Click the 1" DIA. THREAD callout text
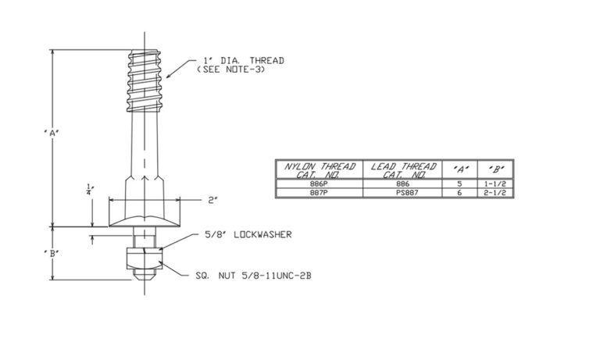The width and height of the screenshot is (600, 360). pyautogui.click(x=243, y=61)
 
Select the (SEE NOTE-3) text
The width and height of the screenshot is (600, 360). pyautogui.click(x=234, y=70)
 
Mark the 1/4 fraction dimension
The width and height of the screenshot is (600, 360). pyautogui.click(x=91, y=188)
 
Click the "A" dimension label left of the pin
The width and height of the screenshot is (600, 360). pyautogui.click(x=52, y=133)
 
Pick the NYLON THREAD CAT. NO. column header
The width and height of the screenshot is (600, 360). pyautogui.click(x=319, y=169)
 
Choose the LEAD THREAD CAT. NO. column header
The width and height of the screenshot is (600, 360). pyautogui.click(x=402, y=169)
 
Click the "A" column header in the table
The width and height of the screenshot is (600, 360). pyautogui.click(x=459, y=169)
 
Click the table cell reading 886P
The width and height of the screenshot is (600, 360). pyautogui.click(x=319, y=184)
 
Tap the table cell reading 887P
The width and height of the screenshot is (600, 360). pyautogui.click(x=319, y=192)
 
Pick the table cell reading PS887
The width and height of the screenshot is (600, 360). pyautogui.click(x=402, y=192)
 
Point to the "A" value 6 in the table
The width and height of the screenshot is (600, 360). pyautogui.click(x=459, y=192)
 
